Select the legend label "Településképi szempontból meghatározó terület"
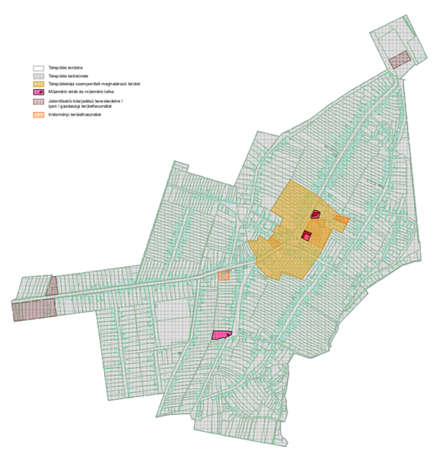pos(89,84)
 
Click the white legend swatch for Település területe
pos(39,68)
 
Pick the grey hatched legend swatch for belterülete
pos(39,76)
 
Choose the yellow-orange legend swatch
pos(39,84)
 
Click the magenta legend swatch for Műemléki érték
pos(39,93)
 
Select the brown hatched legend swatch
pos(39,103)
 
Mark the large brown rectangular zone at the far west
pos(33,310)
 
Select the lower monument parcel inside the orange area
pos(306,236)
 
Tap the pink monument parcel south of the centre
pos(223,335)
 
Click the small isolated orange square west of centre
pos(224,275)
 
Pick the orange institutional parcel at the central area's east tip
pos(342,223)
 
